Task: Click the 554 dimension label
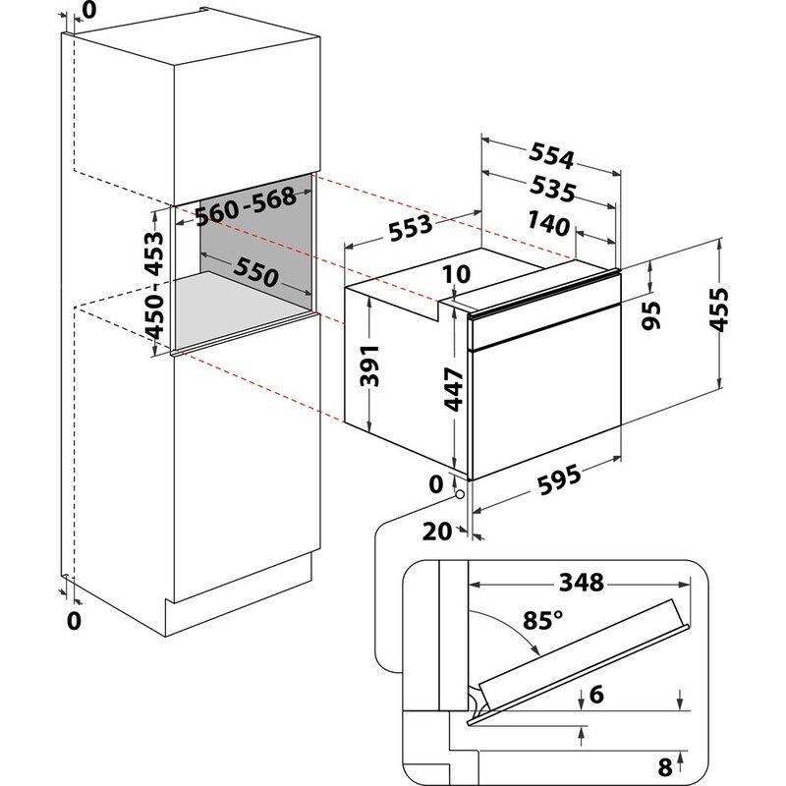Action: pos(552,155)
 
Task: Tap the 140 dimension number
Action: pos(548,224)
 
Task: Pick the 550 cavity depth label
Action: pos(257,273)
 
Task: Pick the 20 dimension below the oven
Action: pos(436,532)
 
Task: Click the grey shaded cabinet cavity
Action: pos(255,246)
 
